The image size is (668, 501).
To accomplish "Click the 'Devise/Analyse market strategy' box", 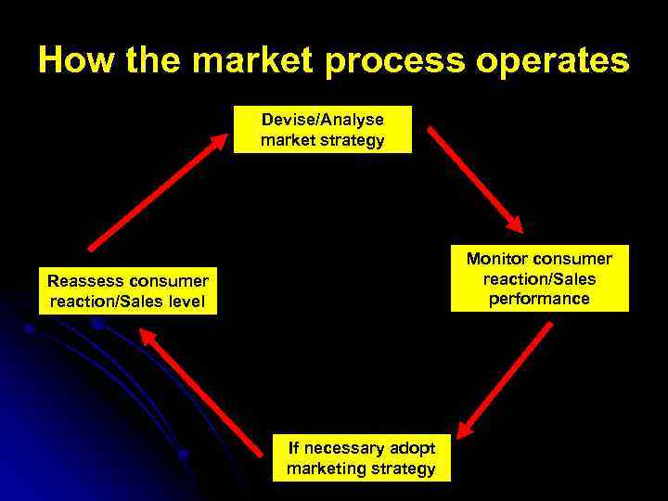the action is pos(322,130).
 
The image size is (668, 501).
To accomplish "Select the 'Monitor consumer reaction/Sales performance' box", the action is pos(539,278).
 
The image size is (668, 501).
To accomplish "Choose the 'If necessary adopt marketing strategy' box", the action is pos(360,458).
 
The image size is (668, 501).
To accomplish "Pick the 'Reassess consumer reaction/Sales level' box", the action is pos(129,290).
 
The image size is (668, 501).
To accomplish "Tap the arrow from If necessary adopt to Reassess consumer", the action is pos(203,393).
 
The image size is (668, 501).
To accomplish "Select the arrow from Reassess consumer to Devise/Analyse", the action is pos(157,191).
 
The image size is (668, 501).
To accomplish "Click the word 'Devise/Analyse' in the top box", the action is pos(322,120).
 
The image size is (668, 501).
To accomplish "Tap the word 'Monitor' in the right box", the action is pos(498,259).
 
